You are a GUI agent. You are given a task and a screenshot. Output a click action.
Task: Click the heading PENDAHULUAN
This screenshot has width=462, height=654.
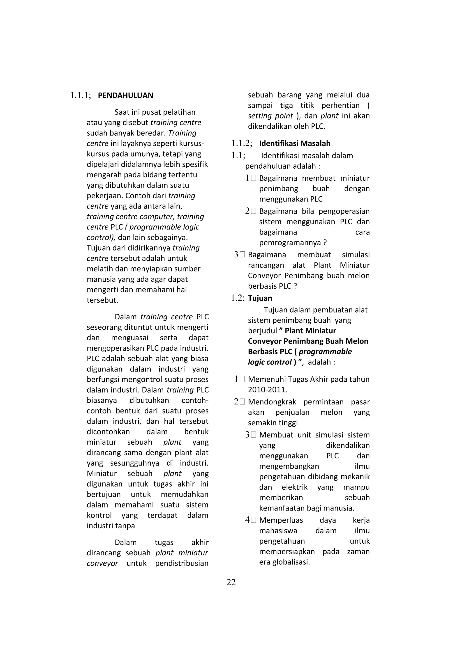[x=125, y=95]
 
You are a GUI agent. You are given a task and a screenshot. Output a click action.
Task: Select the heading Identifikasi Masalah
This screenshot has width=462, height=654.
[x=294, y=143]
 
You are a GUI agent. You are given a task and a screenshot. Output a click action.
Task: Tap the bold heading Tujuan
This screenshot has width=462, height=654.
[x=260, y=298]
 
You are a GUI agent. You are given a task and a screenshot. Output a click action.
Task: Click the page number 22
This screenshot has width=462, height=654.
[x=231, y=582]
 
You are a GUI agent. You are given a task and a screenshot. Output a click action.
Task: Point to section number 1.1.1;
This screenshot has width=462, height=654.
[x=81, y=95]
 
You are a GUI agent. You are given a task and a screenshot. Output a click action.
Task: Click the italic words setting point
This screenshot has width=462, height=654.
[x=270, y=116]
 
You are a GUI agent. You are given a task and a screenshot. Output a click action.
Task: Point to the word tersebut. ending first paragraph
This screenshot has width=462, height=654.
[x=102, y=300]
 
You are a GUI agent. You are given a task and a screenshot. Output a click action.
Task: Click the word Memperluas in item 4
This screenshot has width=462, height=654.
[x=281, y=520]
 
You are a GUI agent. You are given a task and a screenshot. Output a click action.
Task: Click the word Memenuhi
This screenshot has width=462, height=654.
[x=267, y=379]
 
